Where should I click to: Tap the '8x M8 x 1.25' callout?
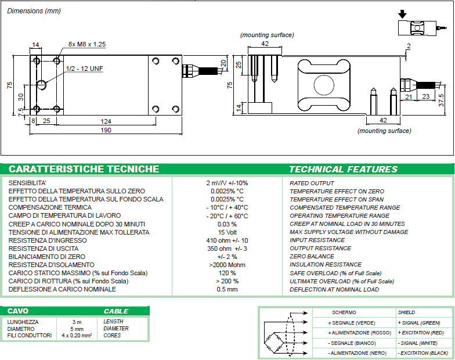pyautogui.click(x=87, y=44)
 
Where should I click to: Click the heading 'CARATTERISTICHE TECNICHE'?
pyautogui.click(x=84, y=169)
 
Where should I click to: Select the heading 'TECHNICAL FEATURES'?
pyautogui.click(x=343, y=170)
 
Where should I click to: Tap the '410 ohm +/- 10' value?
pyautogui.click(x=227, y=240)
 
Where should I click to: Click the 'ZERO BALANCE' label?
pyautogui.click(x=312, y=257)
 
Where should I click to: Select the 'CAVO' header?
pyautogui.click(x=17, y=311)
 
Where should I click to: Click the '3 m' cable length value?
pyautogui.click(x=77, y=321)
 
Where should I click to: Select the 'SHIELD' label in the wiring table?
pyautogui.click(x=406, y=312)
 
